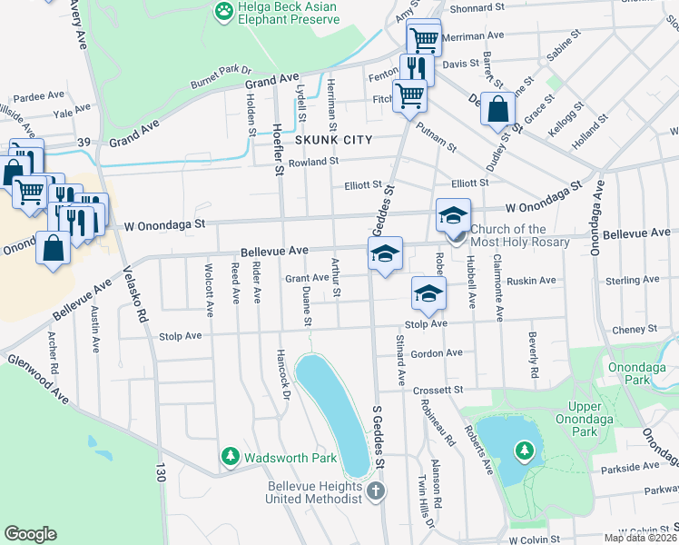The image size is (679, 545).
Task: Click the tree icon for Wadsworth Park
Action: click(231, 454)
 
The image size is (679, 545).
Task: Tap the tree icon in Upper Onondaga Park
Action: click(524, 450)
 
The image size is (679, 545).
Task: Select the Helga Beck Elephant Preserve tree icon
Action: click(222, 11)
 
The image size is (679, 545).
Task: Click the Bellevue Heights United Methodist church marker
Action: click(377, 490)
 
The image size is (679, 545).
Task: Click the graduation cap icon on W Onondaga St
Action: click(453, 216)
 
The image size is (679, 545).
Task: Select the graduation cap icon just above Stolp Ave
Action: click(428, 292)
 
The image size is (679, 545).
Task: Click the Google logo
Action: click(30, 533)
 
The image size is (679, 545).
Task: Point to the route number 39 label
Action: click(84, 142)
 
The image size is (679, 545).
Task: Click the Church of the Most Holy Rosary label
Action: click(520, 235)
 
